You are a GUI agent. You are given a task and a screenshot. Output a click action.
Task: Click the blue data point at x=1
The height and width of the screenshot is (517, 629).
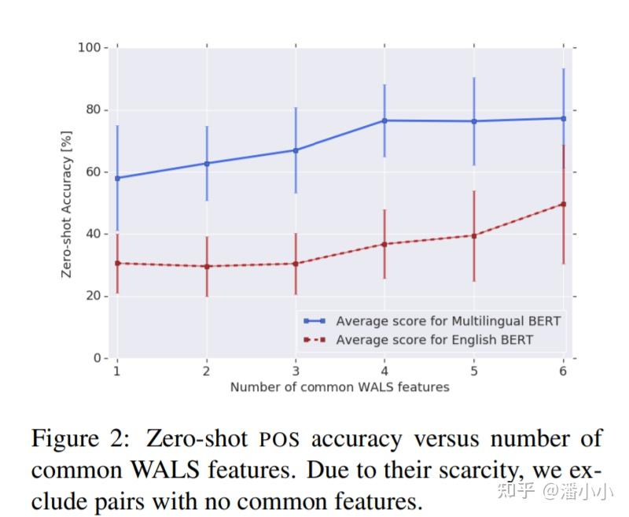click(x=117, y=178)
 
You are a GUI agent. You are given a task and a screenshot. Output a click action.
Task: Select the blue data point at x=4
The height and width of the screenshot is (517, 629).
click(x=384, y=120)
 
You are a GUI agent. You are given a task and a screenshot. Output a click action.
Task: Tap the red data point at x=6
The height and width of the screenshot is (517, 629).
click(x=563, y=204)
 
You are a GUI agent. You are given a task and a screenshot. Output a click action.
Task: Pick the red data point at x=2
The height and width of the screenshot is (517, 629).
click(x=207, y=266)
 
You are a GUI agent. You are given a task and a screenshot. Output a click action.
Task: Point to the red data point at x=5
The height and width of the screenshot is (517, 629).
click(x=474, y=235)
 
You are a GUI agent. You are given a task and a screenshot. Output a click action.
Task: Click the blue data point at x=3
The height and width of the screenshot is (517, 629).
click(x=296, y=150)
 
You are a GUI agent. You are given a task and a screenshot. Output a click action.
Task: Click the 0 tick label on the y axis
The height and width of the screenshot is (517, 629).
click(x=97, y=358)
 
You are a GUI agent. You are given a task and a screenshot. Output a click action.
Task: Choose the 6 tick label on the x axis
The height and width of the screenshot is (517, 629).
click(x=563, y=371)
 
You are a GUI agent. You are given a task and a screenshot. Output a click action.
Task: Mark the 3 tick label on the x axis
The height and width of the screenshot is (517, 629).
click(x=296, y=371)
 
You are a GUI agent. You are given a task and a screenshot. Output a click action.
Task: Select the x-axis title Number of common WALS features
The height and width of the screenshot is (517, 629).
click(x=340, y=387)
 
